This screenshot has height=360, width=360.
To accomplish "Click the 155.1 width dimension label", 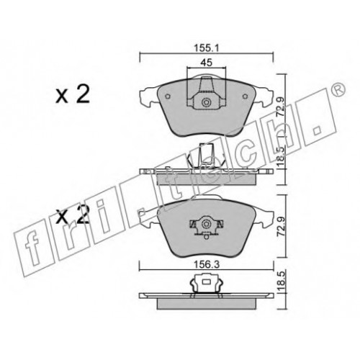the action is click(207, 48).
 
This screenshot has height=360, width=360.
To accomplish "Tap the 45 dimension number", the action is click(207, 63).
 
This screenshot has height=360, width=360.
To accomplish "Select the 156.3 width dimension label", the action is click(207, 264).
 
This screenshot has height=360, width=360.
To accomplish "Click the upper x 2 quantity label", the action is click(73, 94).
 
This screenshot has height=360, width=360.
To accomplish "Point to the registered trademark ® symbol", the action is click(340, 89).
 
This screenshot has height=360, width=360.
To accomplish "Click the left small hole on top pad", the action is click(168, 96).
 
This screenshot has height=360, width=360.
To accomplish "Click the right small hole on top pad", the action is click(245, 96).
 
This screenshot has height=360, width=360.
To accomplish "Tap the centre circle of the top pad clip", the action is click(206, 103).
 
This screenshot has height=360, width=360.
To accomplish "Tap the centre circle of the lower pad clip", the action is click(206, 224).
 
